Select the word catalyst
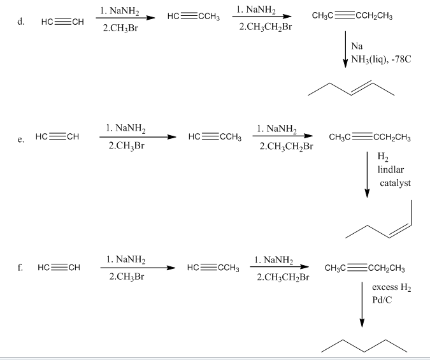pos(395,183)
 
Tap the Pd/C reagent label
pos(382,299)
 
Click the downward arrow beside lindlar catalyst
pos(366,173)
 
